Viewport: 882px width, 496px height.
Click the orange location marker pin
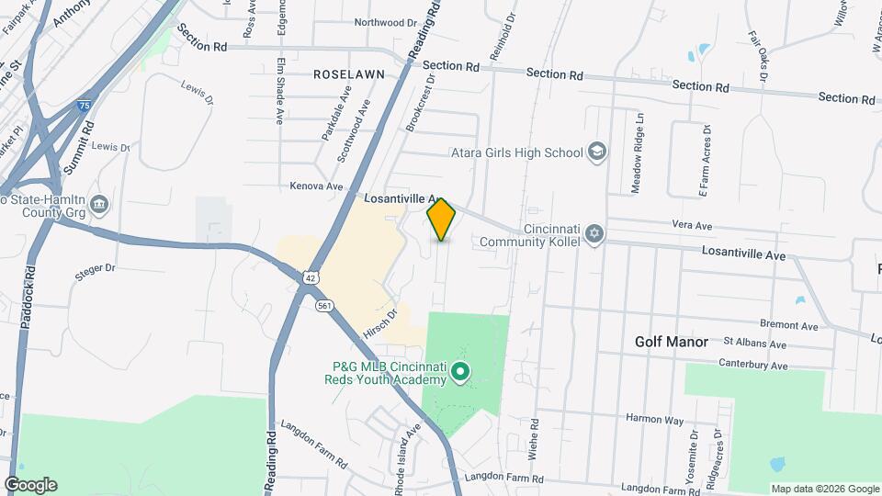[x=442, y=219]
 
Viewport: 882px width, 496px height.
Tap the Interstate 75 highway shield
[x=84, y=107]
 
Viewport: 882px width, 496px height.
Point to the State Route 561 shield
[x=323, y=305]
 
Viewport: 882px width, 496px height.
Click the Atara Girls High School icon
[x=597, y=152]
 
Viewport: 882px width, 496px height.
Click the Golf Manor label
[x=672, y=342]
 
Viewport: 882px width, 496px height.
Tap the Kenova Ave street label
[x=316, y=186]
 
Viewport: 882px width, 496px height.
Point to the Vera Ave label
[x=692, y=225]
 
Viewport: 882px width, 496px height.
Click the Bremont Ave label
[x=789, y=325]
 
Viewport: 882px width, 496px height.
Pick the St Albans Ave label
[x=754, y=344]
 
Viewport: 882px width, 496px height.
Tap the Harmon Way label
[x=655, y=420]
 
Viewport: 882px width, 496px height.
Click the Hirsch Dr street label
[x=379, y=324]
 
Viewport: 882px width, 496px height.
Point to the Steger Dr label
[x=96, y=268]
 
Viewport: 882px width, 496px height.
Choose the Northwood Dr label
[x=385, y=22]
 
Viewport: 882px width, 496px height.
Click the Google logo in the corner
[x=30, y=485]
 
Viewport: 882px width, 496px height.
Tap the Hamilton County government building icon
[x=100, y=203]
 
